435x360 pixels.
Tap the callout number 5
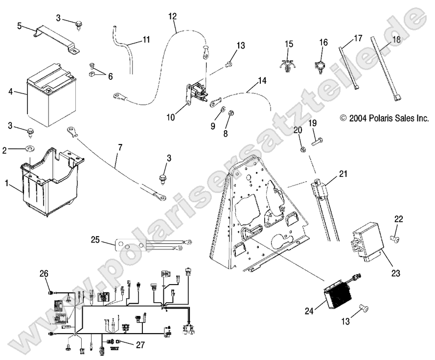20,25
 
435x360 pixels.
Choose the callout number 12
172,16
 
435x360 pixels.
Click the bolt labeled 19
316,141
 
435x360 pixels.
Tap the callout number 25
96,240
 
